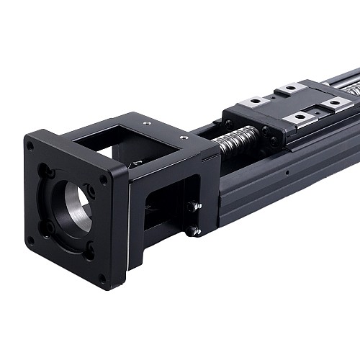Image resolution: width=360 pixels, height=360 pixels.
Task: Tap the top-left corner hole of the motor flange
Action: coord(30,145)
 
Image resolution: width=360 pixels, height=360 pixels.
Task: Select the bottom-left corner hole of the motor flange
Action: coord(30,240)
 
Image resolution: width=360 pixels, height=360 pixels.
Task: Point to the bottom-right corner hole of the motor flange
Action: coord(102,277)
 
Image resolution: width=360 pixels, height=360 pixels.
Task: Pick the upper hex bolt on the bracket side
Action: coord(193,207)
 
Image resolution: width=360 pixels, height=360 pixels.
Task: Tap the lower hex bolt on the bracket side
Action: coord(192,230)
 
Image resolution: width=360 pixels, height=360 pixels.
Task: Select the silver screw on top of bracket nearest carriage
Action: coord(184,137)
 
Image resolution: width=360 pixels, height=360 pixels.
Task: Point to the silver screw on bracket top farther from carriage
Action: coord(147,123)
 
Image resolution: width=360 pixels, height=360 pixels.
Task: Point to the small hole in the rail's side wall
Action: coord(287,173)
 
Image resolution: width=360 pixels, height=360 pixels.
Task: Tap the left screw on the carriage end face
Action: coord(229,123)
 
